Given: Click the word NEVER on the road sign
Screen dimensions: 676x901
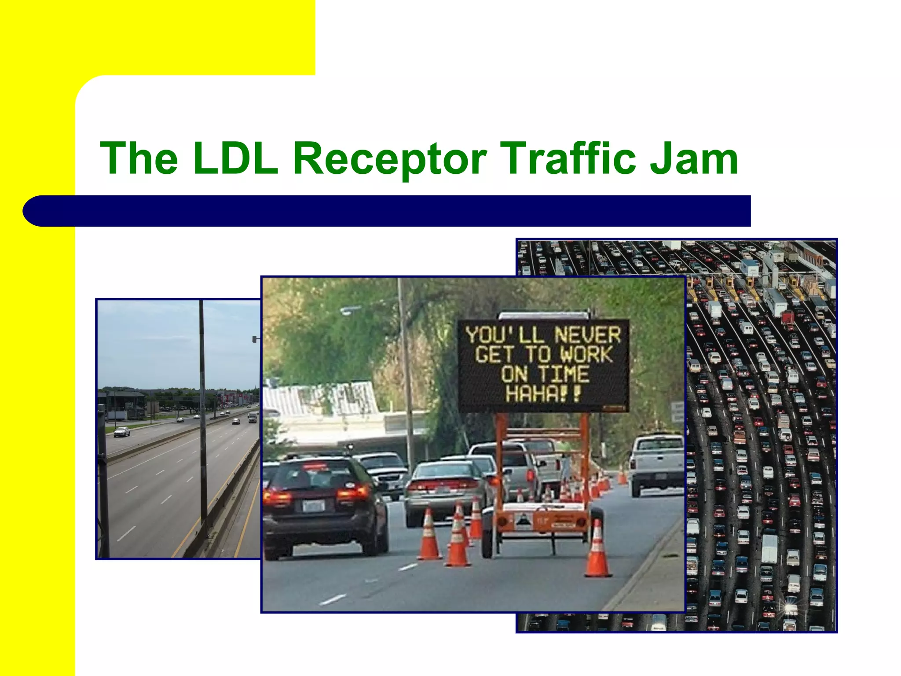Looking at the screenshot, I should click(587, 335).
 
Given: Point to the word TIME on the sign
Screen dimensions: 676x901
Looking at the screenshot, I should click(564, 374).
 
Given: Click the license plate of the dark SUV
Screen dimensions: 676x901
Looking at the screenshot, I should click(313, 506).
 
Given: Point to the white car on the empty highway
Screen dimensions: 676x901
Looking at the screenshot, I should click(122, 432).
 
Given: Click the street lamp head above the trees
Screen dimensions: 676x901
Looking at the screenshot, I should click(348, 311).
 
